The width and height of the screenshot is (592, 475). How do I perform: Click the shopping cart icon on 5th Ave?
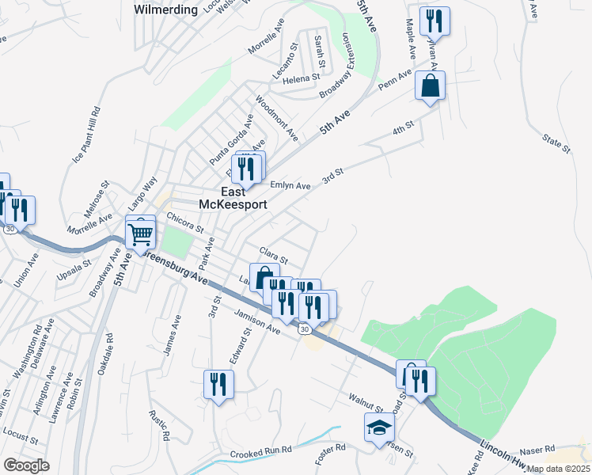pyautogui.click(x=140, y=233)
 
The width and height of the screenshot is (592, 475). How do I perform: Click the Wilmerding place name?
pyautogui.click(x=165, y=10)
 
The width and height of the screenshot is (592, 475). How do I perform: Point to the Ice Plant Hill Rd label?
pyautogui.click(x=87, y=135)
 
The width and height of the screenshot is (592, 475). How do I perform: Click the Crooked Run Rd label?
pyautogui.click(x=261, y=453)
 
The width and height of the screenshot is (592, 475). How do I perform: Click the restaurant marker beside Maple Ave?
pyautogui.click(x=434, y=21)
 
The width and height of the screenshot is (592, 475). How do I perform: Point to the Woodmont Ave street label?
pyautogui.click(x=277, y=120)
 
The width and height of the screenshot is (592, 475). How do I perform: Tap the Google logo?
pyautogui.click(x=26, y=465)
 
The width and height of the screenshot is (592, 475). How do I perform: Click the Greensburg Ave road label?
pyautogui.click(x=179, y=270)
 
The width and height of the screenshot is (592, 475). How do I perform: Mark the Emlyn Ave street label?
pyautogui.click(x=290, y=185)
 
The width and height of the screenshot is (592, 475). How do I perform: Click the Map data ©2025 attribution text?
pyautogui.click(x=558, y=469)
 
